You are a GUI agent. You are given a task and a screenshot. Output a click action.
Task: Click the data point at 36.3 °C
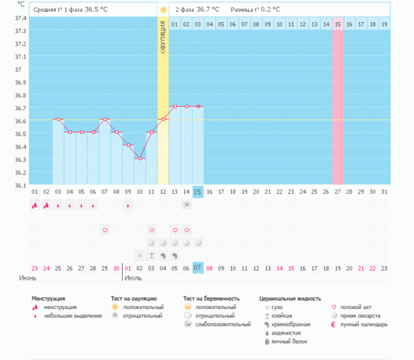pos(139,159)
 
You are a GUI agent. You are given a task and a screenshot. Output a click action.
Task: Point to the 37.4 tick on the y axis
pos(19,18)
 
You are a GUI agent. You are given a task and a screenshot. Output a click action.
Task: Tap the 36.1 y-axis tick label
pos(19,185)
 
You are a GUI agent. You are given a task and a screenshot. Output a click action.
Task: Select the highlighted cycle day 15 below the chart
pos(198,191)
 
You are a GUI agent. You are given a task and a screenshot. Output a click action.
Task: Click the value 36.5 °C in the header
pos(97,10)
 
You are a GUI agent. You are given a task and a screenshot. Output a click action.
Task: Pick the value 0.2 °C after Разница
pos(269,10)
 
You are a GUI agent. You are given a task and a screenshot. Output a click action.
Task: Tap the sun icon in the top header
pos(163,10)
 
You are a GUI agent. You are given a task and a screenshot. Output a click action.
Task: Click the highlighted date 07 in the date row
pos(198,268)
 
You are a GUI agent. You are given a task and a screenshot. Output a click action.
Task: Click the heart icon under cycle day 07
pos(105,230)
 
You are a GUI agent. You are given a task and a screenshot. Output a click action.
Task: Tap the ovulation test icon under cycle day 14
pos(186,205)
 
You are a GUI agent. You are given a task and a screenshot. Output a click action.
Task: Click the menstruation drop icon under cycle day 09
pos(128,205)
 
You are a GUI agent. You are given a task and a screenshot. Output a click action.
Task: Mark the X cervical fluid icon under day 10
pos(140,255)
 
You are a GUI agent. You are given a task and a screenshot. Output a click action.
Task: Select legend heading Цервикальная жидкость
pos(290,299)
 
